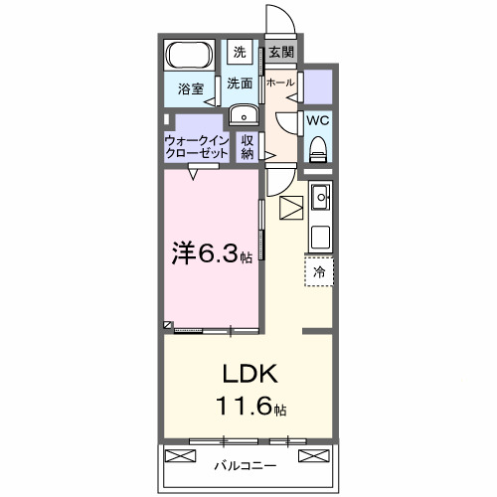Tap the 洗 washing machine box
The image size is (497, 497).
tap(240, 52)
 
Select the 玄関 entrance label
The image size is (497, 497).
tap(281, 52)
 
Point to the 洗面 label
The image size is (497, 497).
tap(240, 85)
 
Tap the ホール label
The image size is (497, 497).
tap(279, 83)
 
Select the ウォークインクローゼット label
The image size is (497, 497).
tap(196, 149)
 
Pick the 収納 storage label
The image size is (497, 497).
tap(248, 148)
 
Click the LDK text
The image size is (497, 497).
tap(249, 376)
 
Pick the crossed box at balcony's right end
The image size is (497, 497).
tap(312, 458)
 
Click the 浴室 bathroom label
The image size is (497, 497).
tap(191, 88)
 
